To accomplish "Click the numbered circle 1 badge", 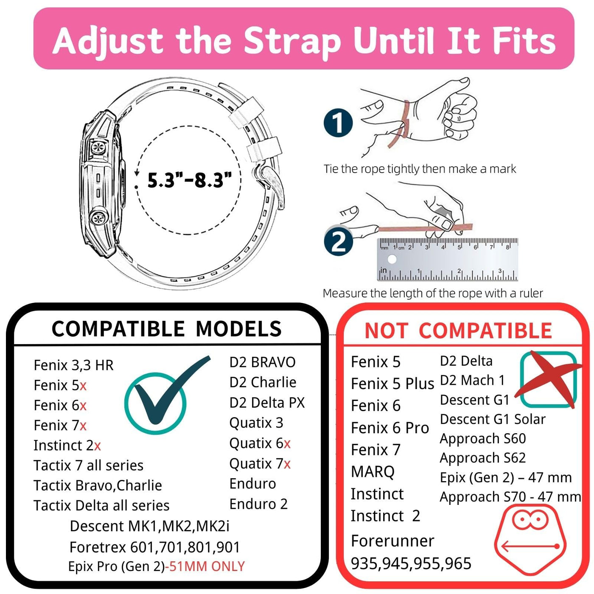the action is [338, 123].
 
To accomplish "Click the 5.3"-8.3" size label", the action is [190, 180].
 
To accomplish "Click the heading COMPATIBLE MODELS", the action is [166, 328].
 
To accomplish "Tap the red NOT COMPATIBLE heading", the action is [458, 331].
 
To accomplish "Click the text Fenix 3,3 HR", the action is [74, 365].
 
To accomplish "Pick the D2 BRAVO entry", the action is [262, 362].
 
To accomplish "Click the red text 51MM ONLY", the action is [207, 566].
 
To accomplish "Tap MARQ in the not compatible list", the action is [373, 472].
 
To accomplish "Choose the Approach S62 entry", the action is [483, 458].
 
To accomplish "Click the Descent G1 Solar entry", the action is [493, 419].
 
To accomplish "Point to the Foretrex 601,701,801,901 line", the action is [155, 547].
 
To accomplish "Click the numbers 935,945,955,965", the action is [411, 563].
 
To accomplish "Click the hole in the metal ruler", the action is [392, 259].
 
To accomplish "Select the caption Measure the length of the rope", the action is [433, 293].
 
